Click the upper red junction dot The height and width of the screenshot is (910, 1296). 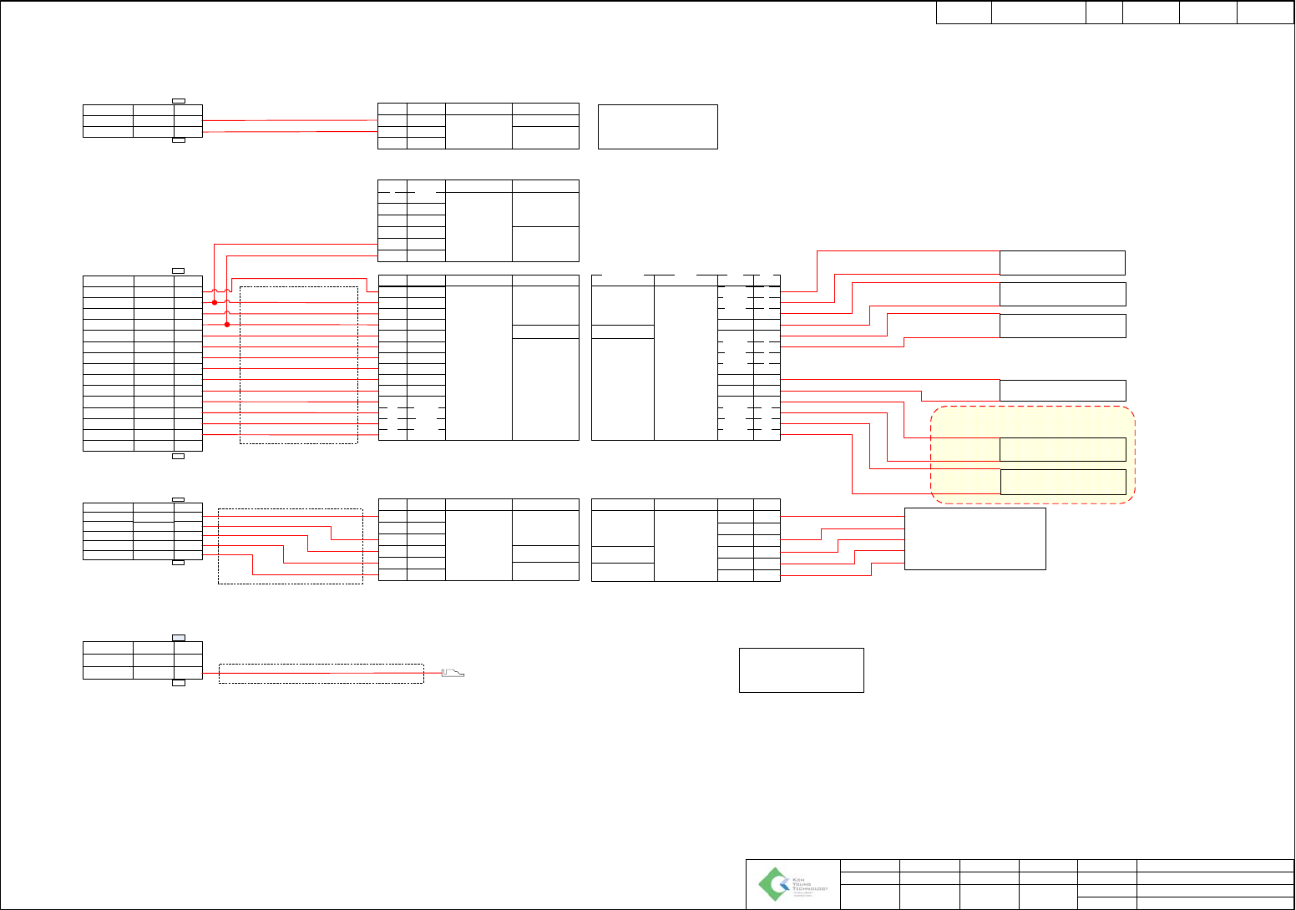(215, 302)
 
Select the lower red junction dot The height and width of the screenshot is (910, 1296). (227, 325)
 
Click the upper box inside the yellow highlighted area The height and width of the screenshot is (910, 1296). (1062, 449)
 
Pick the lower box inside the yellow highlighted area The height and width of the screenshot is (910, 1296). (1062, 482)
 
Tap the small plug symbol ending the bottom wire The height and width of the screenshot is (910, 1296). (452, 673)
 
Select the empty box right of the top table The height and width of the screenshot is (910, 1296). (658, 127)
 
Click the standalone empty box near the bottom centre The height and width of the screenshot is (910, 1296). (801, 670)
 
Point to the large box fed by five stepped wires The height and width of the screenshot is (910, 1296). (975, 538)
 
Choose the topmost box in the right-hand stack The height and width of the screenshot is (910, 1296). (1062, 262)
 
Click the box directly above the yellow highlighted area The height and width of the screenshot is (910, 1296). (1062, 390)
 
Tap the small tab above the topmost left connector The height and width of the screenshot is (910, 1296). (179, 101)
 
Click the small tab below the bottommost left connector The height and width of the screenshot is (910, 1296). (178, 683)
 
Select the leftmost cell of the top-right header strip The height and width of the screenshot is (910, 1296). (964, 13)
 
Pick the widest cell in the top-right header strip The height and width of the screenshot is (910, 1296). (1038, 13)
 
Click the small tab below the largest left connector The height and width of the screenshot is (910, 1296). (178, 456)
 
